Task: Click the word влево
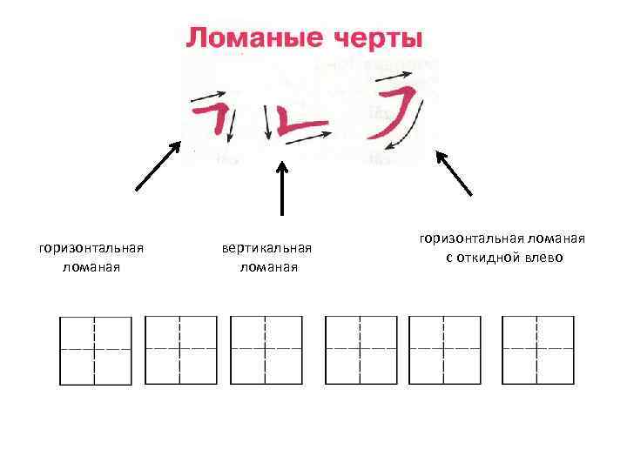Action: pyautogui.click(x=546, y=258)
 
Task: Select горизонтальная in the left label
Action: pyautogui.click(x=91, y=249)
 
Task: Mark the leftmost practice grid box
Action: pyautogui.click(x=95, y=350)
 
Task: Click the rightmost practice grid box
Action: pyautogui.click(x=537, y=350)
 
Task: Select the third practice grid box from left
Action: pyautogui.click(x=266, y=350)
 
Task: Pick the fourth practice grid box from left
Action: pyautogui.click(x=360, y=350)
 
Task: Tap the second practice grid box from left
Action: pyautogui.click(x=180, y=350)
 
